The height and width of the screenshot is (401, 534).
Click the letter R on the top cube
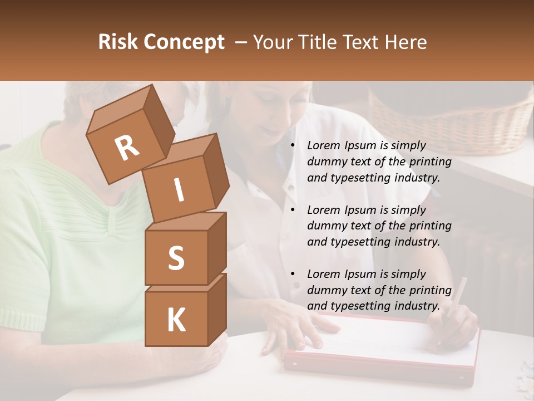126,149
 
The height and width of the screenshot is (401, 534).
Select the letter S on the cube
176,258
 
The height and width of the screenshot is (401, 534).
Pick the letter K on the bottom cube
176,320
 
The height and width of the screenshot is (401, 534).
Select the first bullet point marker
293,146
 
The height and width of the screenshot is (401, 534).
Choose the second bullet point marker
293,211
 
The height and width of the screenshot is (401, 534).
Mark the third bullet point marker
293,275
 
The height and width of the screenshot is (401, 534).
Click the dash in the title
241,42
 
